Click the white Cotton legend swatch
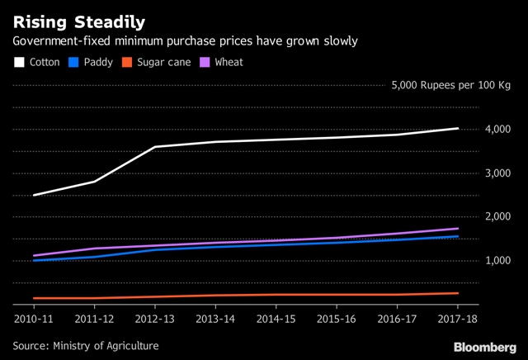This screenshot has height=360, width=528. pyautogui.click(x=19, y=61)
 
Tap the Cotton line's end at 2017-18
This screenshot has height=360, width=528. pyautogui.click(x=458, y=128)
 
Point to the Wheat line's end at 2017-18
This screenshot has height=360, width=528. pyautogui.click(x=458, y=229)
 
